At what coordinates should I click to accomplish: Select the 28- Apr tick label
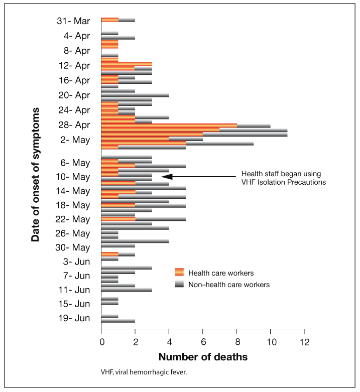point(74,125)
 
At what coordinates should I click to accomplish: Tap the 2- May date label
point(75,140)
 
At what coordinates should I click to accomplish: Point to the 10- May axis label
point(74,177)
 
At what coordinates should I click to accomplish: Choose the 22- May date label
point(74,219)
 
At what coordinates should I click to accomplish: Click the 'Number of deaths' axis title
point(202,358)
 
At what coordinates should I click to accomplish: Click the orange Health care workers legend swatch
point(179,273)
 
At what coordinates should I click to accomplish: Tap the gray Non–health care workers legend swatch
point(179,284)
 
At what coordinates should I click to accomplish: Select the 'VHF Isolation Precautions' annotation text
point(283,182)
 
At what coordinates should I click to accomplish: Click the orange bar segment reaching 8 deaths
point(169,125)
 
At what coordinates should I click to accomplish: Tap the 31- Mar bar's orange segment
point(109,20)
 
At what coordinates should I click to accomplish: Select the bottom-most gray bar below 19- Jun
point(118,321)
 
